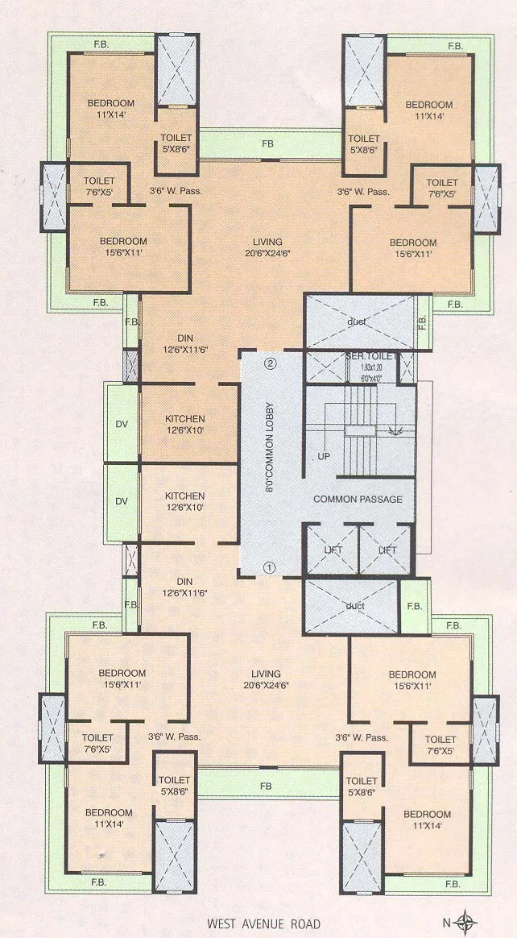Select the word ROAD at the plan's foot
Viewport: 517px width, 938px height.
tap(305, 924)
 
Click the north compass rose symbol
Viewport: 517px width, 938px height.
tap(465, 920)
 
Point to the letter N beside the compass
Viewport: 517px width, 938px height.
tap(445, 921)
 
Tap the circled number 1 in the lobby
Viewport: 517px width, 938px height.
tap(270, 567)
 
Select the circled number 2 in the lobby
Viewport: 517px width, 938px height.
tap(271, 363)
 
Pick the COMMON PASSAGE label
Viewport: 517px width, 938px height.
tap(358, 500)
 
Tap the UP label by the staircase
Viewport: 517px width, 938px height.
tap(325, 456)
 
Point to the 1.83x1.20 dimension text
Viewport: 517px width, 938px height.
tap(363, 367)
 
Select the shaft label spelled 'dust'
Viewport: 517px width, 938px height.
tap(358, 322)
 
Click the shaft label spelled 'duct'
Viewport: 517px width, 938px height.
tap(356, 605)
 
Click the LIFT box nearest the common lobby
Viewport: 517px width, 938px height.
tap(331, 550)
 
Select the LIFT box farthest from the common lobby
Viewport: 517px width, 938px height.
tap(387, 550)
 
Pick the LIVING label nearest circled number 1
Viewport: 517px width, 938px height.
tap(266, 674)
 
